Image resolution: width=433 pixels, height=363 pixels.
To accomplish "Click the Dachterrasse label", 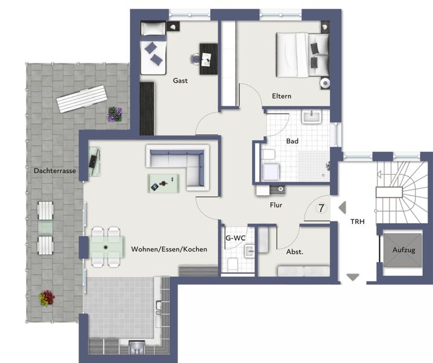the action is [55, 171].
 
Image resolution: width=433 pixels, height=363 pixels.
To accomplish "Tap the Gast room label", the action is [181, 80].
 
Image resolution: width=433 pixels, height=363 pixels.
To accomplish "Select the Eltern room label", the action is [281, 96].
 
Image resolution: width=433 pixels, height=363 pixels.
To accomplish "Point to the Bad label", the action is [292, 141].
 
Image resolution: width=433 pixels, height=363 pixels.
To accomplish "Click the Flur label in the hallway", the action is [276, 205].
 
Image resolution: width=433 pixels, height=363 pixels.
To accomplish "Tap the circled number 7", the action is [321, 208].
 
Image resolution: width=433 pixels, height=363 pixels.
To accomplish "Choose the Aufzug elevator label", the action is [404, 250].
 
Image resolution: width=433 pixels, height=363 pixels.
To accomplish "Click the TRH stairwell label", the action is [358, 221].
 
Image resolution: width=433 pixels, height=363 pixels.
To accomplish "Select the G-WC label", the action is [236, 238].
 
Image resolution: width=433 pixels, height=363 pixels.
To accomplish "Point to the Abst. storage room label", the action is [295, 252].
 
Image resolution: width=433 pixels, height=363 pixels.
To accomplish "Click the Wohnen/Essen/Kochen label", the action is [169, 249].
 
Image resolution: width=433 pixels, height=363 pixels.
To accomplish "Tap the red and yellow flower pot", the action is [47, 298].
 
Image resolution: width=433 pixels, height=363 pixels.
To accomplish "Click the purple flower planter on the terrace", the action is [115, 114].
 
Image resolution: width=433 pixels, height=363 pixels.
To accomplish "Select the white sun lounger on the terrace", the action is [82, 99].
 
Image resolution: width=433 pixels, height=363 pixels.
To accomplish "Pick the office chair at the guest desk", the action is [196, 59].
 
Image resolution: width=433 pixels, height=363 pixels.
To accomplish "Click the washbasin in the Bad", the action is [312, 117].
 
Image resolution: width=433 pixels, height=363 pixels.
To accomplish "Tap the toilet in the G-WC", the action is [233, 265].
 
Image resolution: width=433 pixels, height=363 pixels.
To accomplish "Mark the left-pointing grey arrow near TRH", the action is [342, 208].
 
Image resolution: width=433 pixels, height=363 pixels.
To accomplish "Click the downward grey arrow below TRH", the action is [353, 277].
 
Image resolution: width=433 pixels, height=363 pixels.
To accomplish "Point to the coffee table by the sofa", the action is [164, 183].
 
